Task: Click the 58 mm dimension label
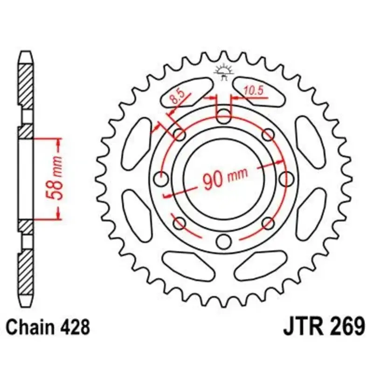[x=54, y=178]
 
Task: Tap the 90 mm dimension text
[x=225, y=179]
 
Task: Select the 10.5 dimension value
[x=254, y=90]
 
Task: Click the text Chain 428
[x=48, y=327]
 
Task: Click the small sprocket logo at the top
[x=224, y=71]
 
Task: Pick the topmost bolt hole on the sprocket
[x=224, y=116]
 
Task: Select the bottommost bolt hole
[x=224, y=241]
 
